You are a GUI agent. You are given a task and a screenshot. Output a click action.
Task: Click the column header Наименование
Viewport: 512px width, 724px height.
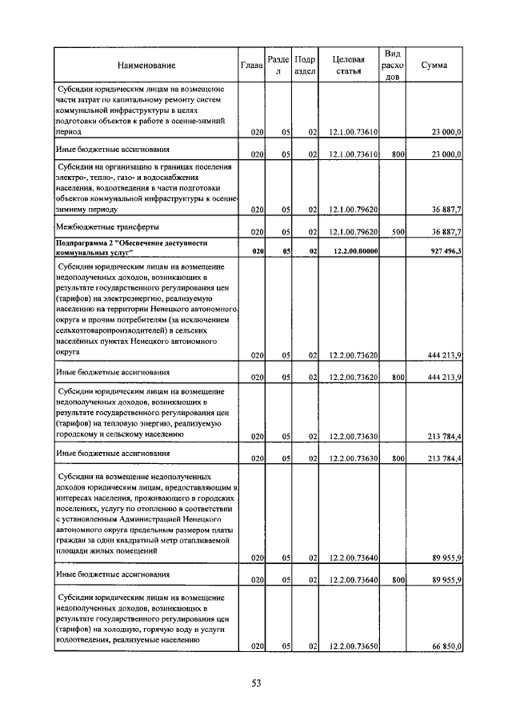coord(146,65)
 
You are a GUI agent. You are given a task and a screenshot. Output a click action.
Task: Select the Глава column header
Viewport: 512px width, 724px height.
coord(252,65)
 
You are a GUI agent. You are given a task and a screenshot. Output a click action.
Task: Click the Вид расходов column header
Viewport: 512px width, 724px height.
coord(392,65)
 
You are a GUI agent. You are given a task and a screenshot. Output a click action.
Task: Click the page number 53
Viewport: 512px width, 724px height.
coord(257,682)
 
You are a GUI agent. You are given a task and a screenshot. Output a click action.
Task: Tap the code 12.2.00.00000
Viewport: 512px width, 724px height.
coord(353,251)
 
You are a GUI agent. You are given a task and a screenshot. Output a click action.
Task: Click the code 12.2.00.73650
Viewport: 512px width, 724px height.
coord(353,646)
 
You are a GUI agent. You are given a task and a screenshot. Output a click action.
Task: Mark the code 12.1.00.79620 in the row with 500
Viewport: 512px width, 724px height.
coord(353,232)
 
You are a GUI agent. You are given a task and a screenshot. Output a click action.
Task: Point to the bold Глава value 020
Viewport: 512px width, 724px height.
coord(258,251)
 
